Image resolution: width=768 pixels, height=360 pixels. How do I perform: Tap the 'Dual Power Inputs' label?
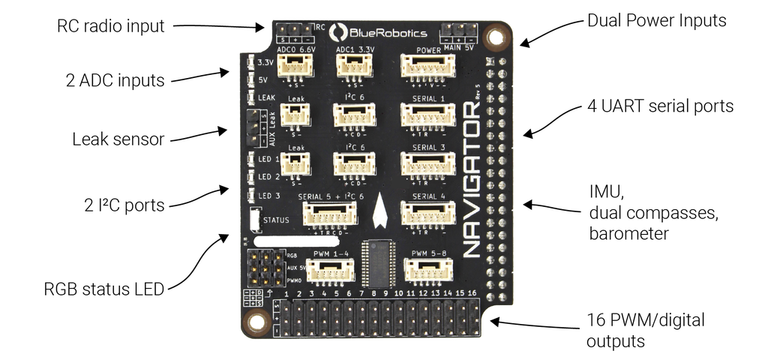(657, 20)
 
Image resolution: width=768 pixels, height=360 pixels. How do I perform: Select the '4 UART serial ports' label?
(660, 106)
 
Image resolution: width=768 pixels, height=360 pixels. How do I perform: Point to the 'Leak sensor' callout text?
(118, 139)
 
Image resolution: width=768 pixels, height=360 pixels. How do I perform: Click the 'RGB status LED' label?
(104, 289)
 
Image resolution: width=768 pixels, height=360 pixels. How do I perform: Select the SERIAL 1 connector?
(428, 115)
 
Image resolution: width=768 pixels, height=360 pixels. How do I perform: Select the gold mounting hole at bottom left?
(256, 322)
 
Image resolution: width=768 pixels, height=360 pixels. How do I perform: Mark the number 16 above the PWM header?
(471, 293)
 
